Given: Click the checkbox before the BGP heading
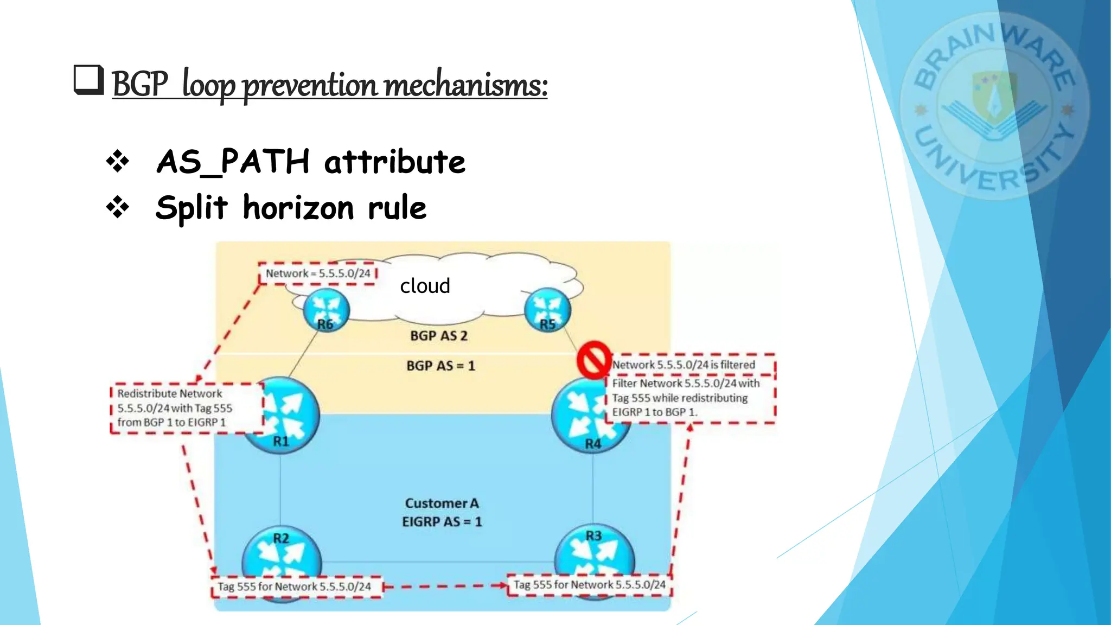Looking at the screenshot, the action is click(x=88, y=80).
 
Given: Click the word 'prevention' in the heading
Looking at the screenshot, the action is click(x=309, y=85).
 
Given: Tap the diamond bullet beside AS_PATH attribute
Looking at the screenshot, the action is click(x=118, y=162).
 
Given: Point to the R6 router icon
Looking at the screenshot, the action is click(x=326, y=309).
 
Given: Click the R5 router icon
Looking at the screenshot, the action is click(x=548, y=310).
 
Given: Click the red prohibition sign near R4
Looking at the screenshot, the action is click(x=594, y=359).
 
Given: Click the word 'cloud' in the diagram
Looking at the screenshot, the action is click(x=425, y=286).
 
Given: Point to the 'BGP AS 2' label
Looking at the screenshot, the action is click(x=438, y=336).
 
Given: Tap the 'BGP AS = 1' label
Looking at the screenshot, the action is click(x=440, y=366).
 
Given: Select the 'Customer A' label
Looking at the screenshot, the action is click(x=442, y=503).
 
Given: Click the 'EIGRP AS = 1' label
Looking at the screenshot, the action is click(x=442, y=522).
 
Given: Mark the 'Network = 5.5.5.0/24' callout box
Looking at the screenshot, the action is click(x=318, y=273).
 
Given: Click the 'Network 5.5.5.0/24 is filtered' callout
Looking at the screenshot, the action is click(x=684, y=365).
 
